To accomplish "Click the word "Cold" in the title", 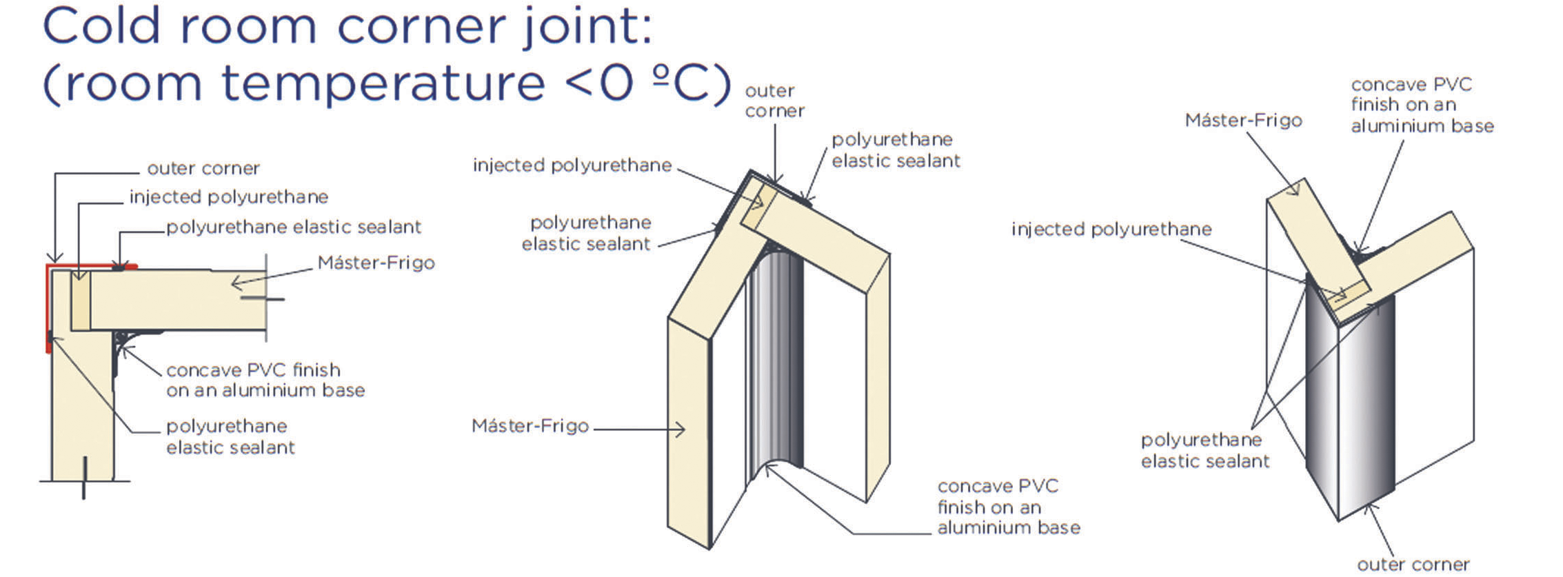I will (101, 26).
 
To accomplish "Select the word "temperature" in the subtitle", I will (383, 83).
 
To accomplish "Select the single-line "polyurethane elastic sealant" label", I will (293, 227).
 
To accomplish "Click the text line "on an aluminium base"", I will (265, 390).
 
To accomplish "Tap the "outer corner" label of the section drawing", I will (203, 168).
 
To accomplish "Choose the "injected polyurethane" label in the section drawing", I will (228, 197).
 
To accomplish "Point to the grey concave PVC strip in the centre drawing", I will (776, 358).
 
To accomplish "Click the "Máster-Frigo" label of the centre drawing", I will (530, 426).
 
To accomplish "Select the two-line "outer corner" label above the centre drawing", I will (774, 101).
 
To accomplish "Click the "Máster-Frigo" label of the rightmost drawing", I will (1242, 121).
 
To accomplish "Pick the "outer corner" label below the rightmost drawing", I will (1413, 565).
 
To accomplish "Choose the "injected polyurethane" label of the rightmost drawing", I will (1111, 229).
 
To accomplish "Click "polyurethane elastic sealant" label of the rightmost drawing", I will (1204, 450).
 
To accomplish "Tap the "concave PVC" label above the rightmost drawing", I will (1411, 85).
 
